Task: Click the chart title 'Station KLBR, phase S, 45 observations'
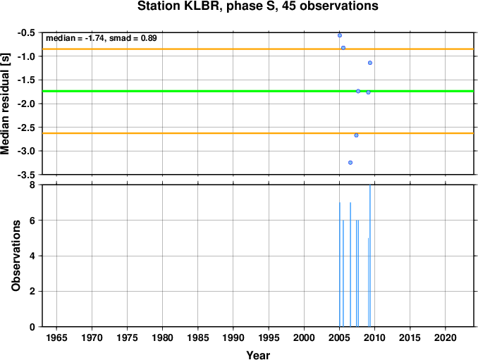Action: (257, 6)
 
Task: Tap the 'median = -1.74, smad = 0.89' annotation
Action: (102, 38)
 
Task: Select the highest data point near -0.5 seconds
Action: (340, 35)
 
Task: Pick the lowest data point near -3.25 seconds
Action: (350, 163)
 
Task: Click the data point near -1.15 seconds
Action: (370, 63)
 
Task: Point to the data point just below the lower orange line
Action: (356, 135)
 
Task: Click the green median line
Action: (258, 91)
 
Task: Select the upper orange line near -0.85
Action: (258, 49)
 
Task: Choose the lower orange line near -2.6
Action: (258, 133)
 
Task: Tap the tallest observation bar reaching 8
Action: (370, 256)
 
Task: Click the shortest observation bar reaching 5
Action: (368, 283)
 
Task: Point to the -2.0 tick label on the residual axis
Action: (25, 104)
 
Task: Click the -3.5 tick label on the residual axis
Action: (25, 175)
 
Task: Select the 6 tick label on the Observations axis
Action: (32, 221)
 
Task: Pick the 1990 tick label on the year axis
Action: (233, 337)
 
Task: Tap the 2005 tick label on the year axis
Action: (339, 337)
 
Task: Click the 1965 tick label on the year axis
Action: (56, 337)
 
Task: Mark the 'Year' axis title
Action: (258, 355)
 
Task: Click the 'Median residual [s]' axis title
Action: (6, 104)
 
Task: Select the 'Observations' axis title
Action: (16, 256)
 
